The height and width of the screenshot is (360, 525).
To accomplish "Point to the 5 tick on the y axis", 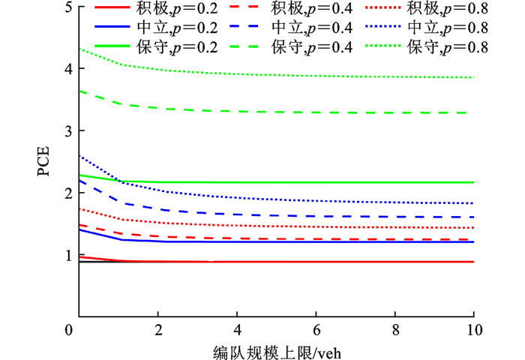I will point(69,8).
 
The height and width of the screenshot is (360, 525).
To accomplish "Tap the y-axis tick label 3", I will point(69,131).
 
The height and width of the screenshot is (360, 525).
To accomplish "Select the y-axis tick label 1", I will point(69,255).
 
